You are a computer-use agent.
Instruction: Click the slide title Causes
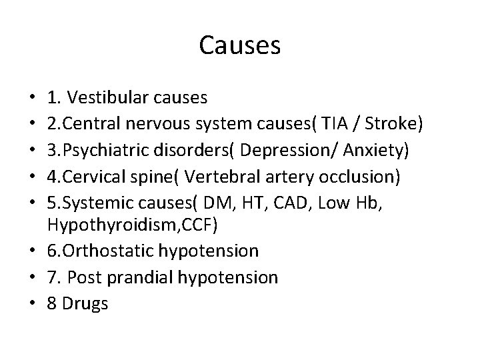[240, 45]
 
